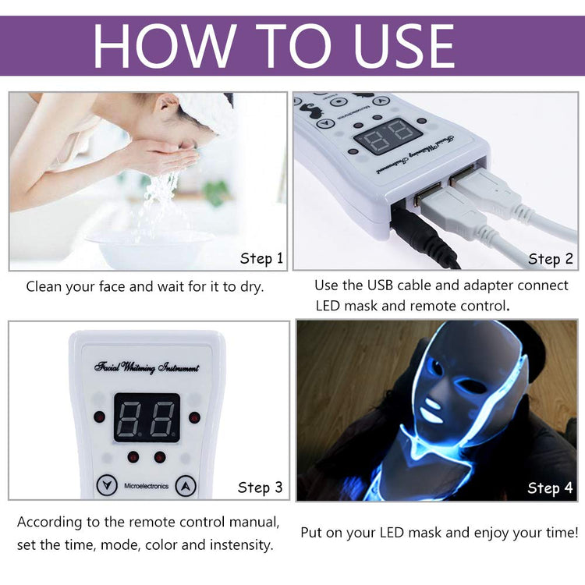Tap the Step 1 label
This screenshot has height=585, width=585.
tap(261, 258)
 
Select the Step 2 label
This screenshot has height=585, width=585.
tap(550, 258)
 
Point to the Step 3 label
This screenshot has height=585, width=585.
tap(261, 487)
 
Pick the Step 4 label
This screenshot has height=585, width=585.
tap(550, 488)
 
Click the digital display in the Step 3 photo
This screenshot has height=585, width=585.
tap(147, 417)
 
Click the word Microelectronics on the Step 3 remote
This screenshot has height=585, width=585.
tap(147, 485)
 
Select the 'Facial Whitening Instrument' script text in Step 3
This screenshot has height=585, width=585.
tap(147, 367)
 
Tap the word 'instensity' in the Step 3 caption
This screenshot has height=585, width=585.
tap(239, 544)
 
